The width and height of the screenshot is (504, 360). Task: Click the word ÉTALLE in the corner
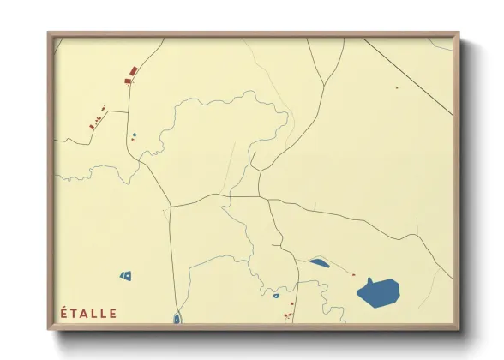pos(89,313)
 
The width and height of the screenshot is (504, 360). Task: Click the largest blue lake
pos(378,292)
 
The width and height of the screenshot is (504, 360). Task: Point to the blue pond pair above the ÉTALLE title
pos(126,276)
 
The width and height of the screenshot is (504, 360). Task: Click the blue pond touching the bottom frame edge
pos(177,319)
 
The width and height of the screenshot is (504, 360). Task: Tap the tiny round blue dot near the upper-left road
pos(134,135)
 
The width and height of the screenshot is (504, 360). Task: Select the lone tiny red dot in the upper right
pos(397,87)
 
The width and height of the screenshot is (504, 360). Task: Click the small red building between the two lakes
pos(353,274)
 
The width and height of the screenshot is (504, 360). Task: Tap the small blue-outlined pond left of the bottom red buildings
pos(276,296)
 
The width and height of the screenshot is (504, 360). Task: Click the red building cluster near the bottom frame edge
pos(289,315)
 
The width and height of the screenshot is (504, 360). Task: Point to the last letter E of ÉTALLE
pos(114,313)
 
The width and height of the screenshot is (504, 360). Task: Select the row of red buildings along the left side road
pos(96,120)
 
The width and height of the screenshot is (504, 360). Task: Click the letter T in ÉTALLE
pos(75,313)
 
